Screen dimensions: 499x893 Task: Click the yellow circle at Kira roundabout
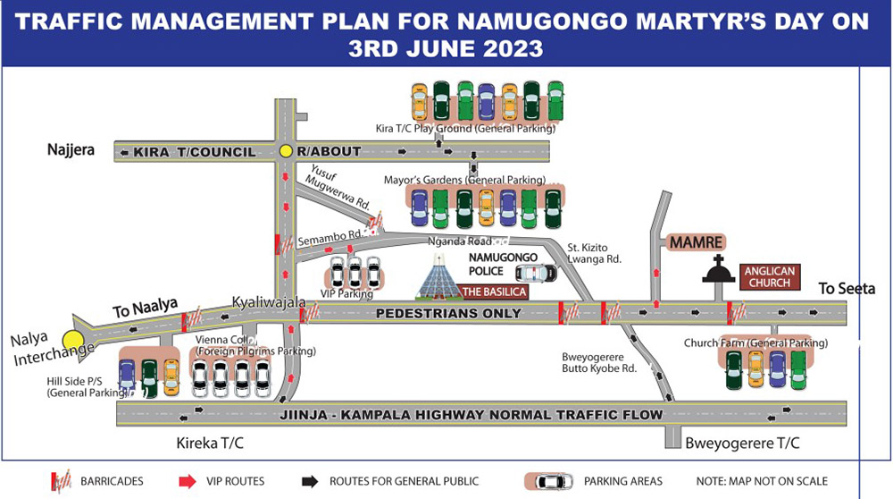[286, 151]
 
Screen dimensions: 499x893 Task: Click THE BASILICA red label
[494, 292]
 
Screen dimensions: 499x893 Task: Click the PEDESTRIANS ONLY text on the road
[448, 313]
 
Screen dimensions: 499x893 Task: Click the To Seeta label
[847, 288]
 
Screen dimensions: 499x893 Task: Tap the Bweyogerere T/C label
[742, 444]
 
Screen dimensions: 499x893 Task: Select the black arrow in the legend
[310, 481]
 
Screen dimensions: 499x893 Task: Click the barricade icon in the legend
[61, 481]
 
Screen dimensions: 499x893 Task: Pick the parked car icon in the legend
[555, 481]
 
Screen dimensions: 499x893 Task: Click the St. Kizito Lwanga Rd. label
[595, 252]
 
